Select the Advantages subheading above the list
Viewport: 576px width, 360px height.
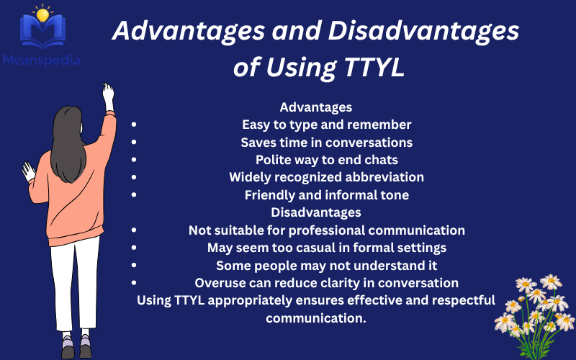[x=315, y=107]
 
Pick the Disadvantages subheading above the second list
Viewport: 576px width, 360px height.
[x=315, y=212]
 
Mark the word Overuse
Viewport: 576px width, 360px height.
[x=220, y=283]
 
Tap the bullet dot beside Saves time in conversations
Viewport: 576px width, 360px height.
[x=134, y=142]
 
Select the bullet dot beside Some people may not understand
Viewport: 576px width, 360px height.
[x=134, y=265]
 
